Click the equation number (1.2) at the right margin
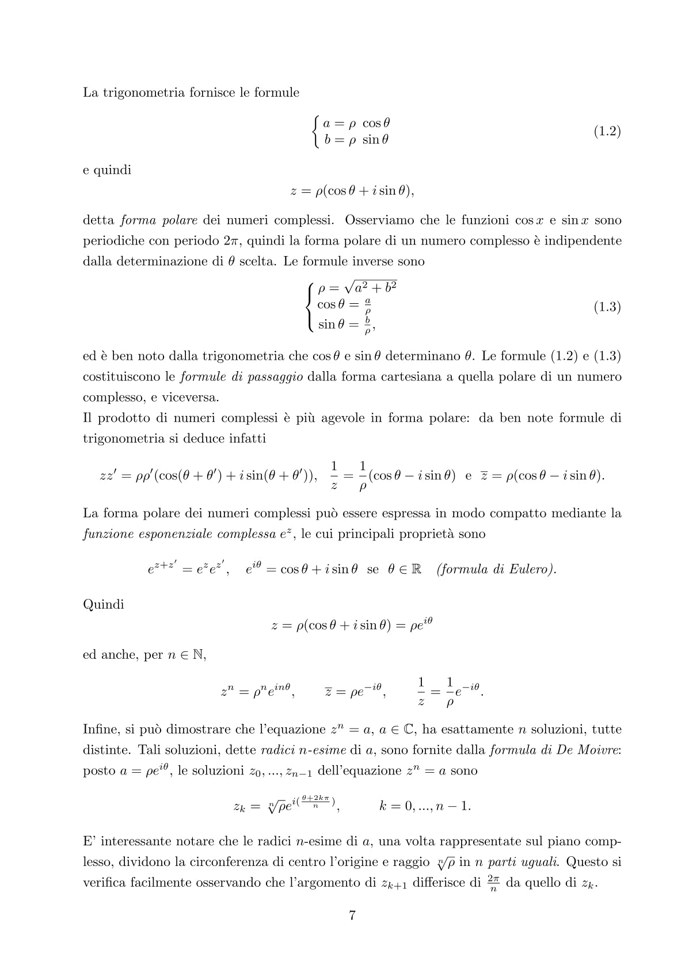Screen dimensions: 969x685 point(607,131)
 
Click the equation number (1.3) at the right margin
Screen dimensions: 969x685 point(607,307)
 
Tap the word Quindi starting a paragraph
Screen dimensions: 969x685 point(104,605)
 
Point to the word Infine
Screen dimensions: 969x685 point(101,730)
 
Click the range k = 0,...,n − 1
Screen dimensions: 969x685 point(425,806)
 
